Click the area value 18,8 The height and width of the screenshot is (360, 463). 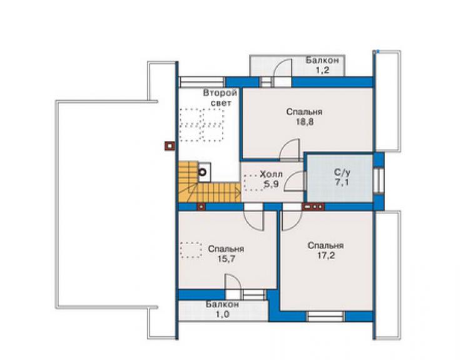pos(305,121)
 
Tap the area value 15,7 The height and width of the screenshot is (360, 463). pos(226,259)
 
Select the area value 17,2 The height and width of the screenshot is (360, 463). pos(326,255)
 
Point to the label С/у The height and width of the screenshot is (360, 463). pos(342,172)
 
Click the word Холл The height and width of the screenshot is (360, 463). pos(271,174)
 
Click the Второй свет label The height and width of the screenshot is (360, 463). pos(220,98)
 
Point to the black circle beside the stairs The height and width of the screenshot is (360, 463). pos(202,172)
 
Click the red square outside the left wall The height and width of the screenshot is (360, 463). pos(170,145)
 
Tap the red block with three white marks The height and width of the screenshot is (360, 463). pos(313,207)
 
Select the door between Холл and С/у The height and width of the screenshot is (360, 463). pos(295,181)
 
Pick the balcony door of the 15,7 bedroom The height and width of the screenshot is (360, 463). pos(233,285)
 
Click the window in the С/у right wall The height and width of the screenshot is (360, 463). pos(379,180)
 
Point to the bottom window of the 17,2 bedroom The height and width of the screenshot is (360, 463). pos(325,316)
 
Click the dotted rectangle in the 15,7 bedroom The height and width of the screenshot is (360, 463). pos(191,250)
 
